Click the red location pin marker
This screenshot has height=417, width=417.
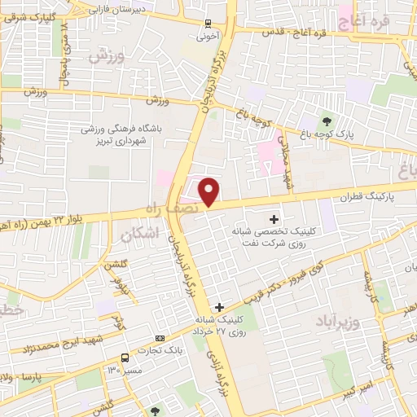tap(209, 191)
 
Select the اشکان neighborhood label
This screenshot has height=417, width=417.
tap(137, 235)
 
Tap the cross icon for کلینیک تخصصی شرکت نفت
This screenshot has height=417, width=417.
tap(274, 218)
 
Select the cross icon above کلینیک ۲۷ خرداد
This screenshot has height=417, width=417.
tap(218, 306)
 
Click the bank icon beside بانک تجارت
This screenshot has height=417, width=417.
tap(160, 338)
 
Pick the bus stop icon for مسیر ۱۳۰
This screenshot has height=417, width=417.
tap(125, 358)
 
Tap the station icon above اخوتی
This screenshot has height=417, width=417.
tap(208, 24)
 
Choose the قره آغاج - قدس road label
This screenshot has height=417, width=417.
tap(296, 32)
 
